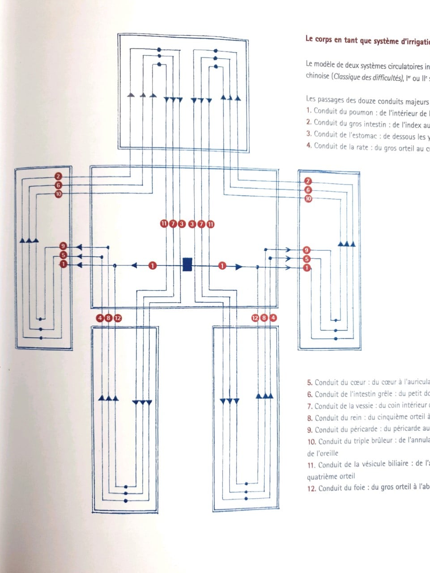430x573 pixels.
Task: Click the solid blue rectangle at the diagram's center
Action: tap(187, 264)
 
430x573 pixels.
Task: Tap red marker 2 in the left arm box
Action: tap(58, 176)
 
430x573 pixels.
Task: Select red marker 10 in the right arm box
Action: tap(308, 199)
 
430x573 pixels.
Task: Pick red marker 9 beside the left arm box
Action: tap(63, 246)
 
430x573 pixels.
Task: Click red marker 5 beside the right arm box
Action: tap(307, 259)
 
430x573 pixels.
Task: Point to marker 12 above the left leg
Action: tap(118, 318)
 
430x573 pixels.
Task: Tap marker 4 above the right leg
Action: tap(273, 318)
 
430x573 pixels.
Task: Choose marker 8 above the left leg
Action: tap(109, 318)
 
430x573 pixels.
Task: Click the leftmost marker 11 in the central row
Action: tap(164, 223)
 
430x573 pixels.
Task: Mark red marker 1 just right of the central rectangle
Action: tap(222, 266)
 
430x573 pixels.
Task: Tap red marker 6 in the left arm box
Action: tap(58, 185)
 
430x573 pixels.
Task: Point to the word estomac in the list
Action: tap(363, 134)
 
